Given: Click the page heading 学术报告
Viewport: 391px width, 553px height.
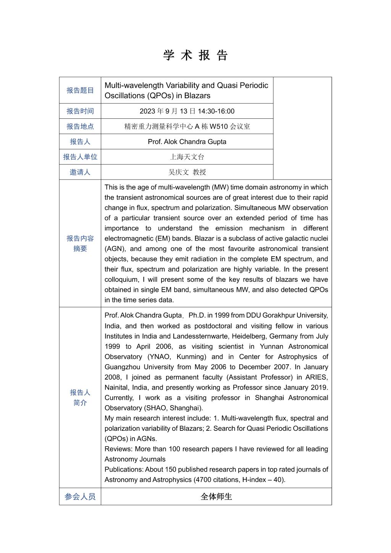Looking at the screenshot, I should point(195,55).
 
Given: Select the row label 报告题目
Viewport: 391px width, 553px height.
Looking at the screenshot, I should point(80,91).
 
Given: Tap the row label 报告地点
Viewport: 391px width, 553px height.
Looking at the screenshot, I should point(80,126).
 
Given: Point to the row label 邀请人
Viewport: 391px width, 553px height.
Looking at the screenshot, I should point(80,172).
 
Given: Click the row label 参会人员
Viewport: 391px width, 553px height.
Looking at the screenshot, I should point(80,497).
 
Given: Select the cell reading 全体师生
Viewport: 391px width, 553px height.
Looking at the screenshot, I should point(216,497).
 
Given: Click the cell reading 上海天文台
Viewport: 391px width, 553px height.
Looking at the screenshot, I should point(187,157).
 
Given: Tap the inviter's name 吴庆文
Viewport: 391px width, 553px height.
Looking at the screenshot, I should point(179,172).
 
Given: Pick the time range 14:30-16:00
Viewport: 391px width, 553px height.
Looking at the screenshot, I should point(216,111).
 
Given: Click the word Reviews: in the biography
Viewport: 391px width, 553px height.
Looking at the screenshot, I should point(118,449).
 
